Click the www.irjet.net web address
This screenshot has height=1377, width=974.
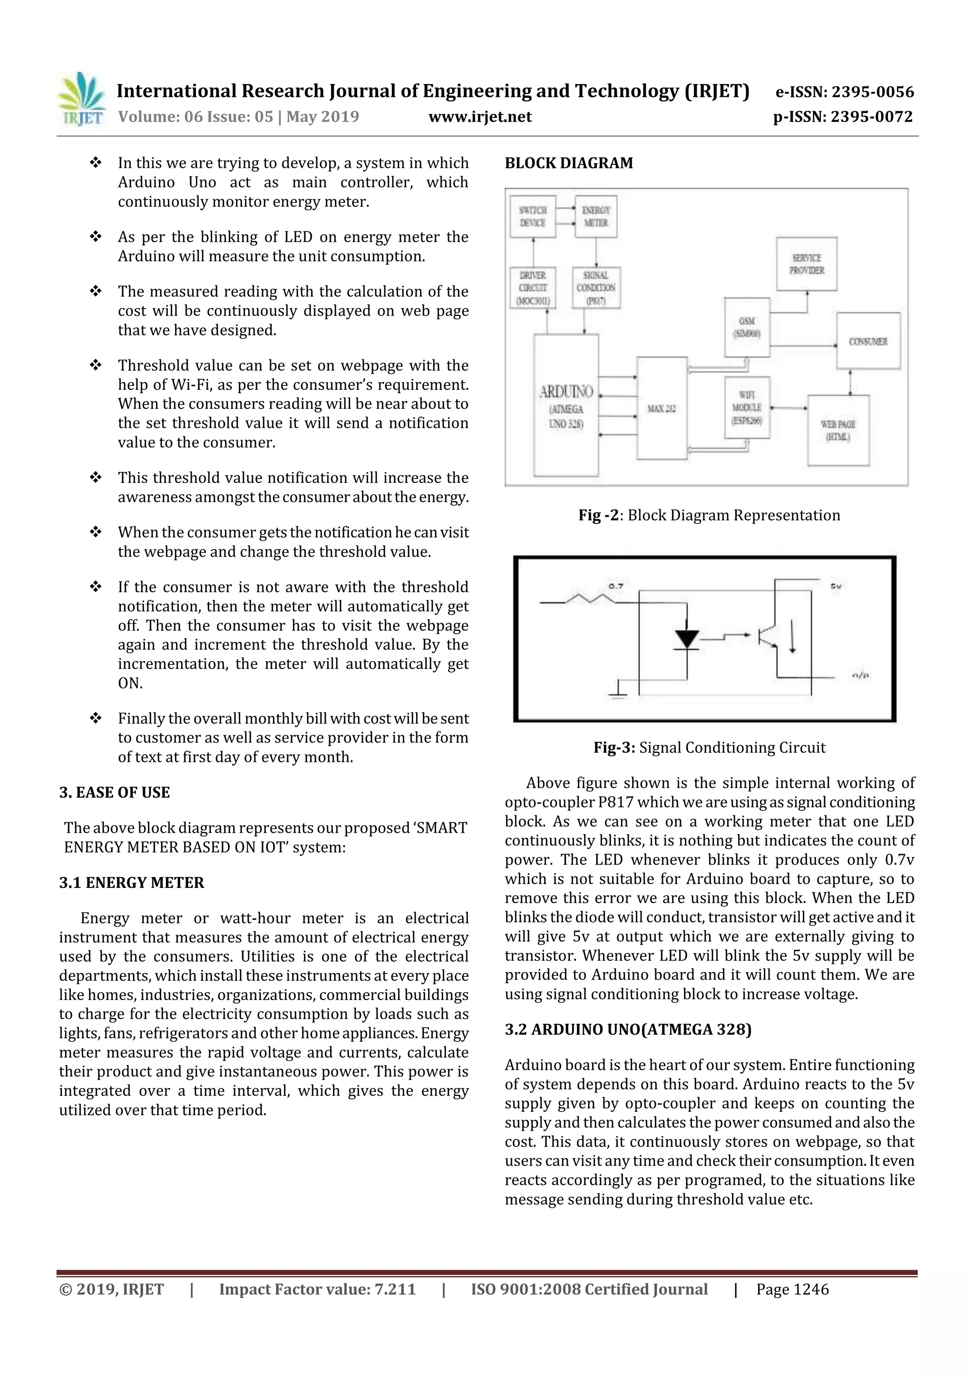479,116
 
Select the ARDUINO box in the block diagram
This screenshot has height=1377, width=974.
566,405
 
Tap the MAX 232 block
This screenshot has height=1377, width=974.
662,408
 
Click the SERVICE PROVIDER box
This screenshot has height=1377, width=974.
806,264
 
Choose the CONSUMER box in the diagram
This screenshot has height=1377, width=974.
868,341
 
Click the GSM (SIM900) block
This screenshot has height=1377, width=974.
747,327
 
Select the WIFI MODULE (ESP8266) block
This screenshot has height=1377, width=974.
747,408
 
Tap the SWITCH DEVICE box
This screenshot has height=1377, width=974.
532,216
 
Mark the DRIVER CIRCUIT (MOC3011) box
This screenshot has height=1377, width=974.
532,288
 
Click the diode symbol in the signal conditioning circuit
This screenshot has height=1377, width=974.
687,639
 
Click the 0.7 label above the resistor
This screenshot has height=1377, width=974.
616,585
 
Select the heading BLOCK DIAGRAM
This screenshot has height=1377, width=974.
568,163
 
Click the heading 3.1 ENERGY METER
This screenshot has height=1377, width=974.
131,882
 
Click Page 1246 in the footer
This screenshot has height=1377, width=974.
792,1289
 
